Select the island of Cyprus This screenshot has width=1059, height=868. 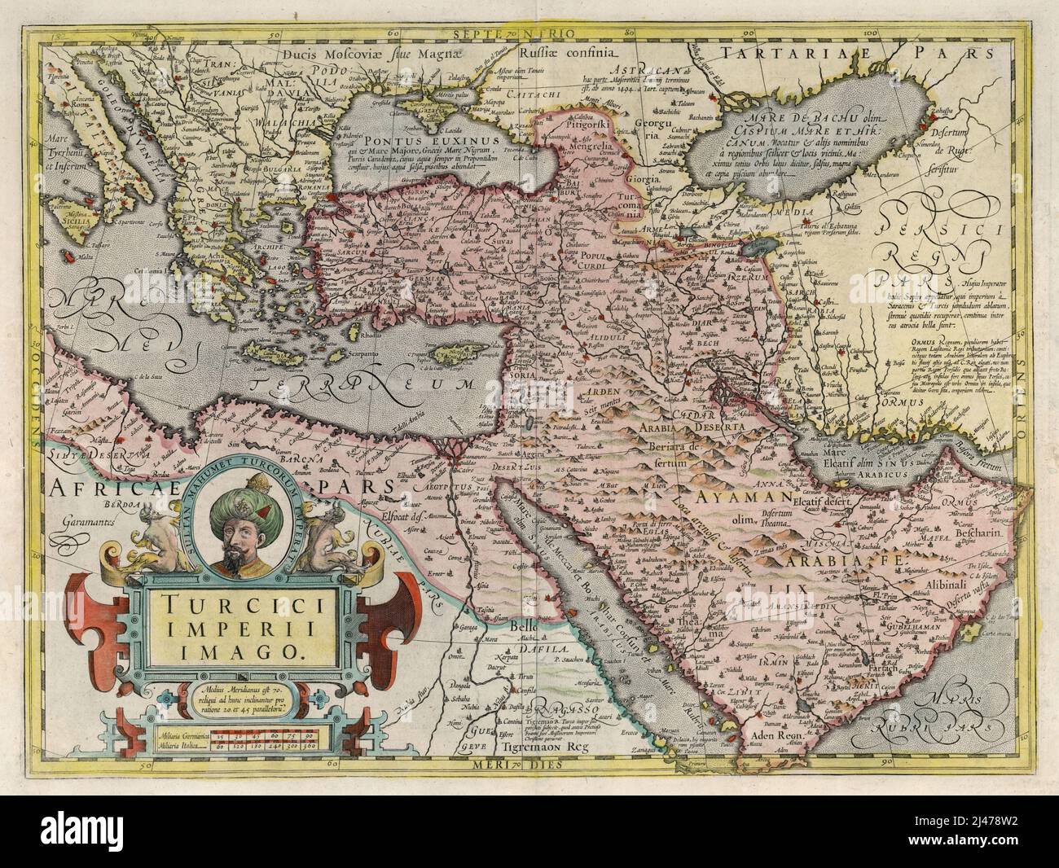pos(450,351)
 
